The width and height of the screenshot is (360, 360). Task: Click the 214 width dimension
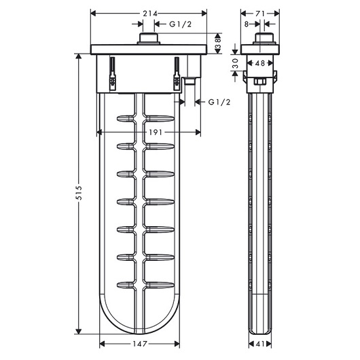150,14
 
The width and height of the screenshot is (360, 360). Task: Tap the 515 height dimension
79,193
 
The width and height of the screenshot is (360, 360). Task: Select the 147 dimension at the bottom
140,344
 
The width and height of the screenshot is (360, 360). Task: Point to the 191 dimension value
156,132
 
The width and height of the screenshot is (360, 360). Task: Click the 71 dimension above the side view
260,14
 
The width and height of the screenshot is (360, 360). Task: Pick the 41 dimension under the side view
260,344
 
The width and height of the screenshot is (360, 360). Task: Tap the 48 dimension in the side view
260,63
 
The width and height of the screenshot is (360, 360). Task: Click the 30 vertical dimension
235,63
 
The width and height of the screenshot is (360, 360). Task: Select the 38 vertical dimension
218,43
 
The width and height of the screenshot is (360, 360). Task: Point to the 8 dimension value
247,24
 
